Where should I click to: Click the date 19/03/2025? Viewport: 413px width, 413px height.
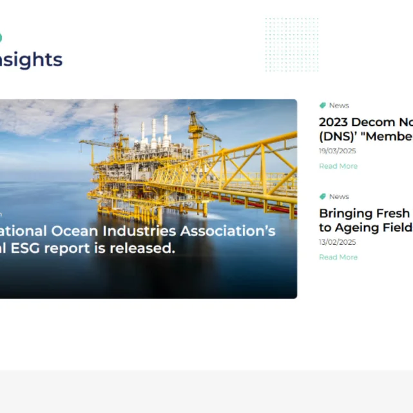tap(337, 151)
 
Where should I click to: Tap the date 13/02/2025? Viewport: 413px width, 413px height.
tap(337, 243)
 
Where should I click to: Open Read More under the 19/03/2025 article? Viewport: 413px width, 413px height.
tap(338, 166)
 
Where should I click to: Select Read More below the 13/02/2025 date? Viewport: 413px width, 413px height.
tap(338, 258)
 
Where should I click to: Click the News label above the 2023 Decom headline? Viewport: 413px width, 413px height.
tap(339, 106)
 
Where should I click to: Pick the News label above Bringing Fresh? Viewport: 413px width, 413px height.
tap(339, 197)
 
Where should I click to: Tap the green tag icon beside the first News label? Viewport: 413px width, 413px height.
tap(323, 106)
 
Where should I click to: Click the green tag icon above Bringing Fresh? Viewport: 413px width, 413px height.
tap(323, 197)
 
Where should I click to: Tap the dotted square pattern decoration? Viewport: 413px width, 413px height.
tap(291, 44)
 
